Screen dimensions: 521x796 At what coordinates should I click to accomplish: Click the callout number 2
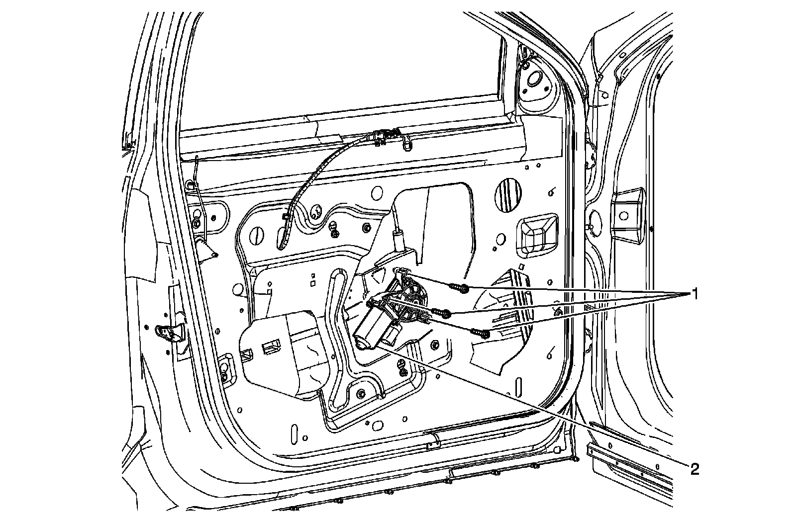coord(694,468)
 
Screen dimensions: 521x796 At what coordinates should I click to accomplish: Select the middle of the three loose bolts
coord(442,313)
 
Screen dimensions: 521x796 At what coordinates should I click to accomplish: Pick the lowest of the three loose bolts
coord(480,332)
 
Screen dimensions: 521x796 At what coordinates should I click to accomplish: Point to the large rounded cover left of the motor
coord(284,353)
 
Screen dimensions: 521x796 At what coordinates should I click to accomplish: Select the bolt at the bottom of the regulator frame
coord(361,394)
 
